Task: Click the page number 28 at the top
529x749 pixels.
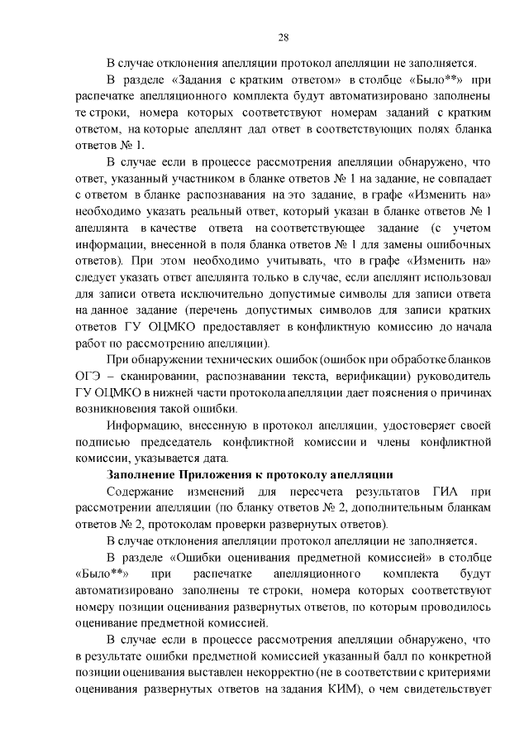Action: click(283, 37)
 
